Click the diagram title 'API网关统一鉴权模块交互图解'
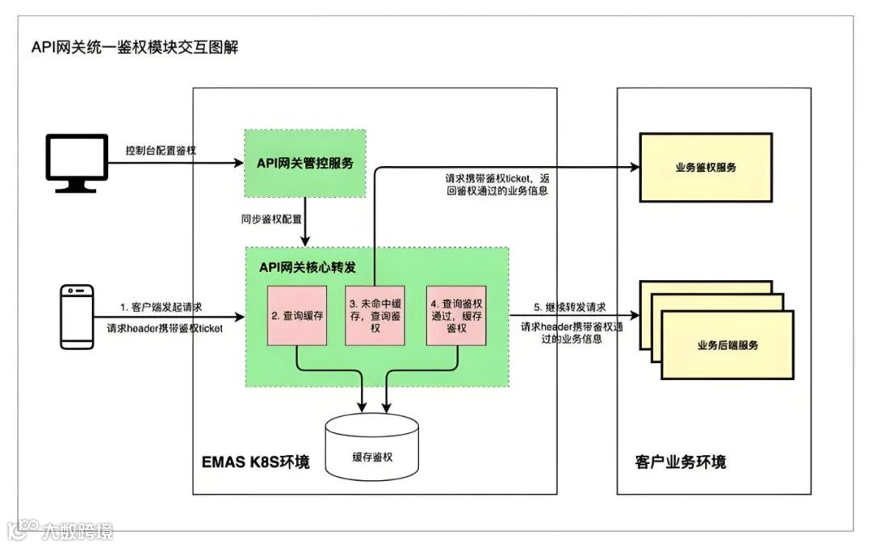point(135,47)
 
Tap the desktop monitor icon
point(77,164)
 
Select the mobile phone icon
point(78,316)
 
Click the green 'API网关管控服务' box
point(305,163)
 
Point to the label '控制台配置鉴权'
point(161,151)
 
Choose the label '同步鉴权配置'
point(265,219)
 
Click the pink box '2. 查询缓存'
point(297,316)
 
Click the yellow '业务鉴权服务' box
point(706,167)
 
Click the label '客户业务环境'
point(680,462)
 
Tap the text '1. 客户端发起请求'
point(161,307)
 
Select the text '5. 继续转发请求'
point(570,307)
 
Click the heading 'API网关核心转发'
point(308,265)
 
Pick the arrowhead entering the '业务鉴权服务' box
point(632,166)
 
